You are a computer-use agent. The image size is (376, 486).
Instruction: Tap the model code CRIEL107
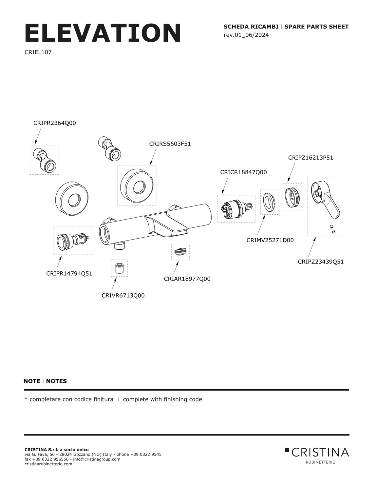[x=38, y=52]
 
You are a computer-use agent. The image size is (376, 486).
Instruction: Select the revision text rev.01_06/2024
[x=246, y=35]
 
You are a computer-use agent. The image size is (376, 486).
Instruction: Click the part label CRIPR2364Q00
[x=55, y=123]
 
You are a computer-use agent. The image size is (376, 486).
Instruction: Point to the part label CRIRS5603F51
[x=170, y=144]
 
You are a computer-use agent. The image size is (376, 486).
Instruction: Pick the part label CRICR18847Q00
[x=243, y=172]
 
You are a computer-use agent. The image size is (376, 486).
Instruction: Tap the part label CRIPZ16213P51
[x=310, y=158]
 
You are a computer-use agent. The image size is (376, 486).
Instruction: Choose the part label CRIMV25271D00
[x=270, y=240]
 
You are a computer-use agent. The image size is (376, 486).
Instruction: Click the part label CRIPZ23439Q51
[x=321, y=262]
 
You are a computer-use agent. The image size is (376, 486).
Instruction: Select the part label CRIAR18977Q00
[x=187, y=279]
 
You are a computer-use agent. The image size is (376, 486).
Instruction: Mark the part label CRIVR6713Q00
[x=123, y=296]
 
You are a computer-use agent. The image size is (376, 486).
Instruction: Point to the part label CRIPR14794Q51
[x=69, y=274]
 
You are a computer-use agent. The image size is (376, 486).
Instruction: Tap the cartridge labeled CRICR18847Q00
[x=236, y=209]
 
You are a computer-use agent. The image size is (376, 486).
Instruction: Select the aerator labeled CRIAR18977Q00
[x=180, y=252]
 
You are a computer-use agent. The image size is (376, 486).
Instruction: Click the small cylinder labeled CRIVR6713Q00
[x=119, y=268]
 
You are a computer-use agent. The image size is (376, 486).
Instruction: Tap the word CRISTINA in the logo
[x=320, y=453]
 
